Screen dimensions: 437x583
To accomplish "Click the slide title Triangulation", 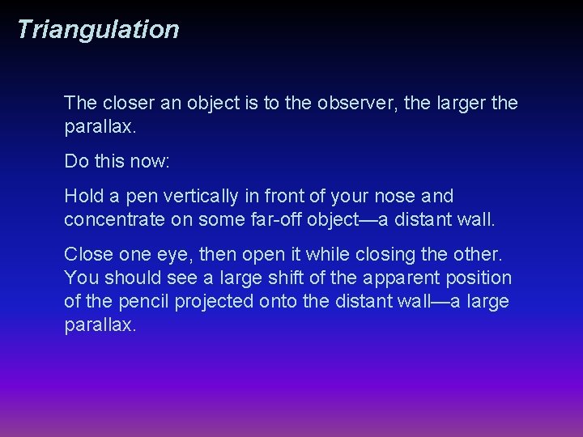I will (97, 30).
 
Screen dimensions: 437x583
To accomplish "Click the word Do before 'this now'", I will (76, 161).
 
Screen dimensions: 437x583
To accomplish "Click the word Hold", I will (83, 197).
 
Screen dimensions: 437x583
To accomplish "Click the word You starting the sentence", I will (80, 278).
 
